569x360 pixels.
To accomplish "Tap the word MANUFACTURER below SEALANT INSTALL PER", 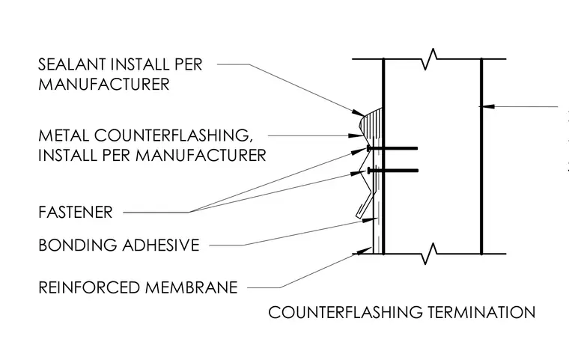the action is click(x=104, y=84).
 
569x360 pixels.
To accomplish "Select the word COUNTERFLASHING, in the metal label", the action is click(x=174, y=136).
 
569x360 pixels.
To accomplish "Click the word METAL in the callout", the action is click(x=63, y=135).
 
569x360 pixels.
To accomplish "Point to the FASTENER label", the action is click(x=76, y=213).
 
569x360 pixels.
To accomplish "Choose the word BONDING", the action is click(x=78, y=245).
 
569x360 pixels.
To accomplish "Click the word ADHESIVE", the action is click(x=161, y=245).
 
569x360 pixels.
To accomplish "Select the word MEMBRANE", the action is click(x=191, y=287).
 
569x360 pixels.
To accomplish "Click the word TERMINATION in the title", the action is click(x=481, y=312).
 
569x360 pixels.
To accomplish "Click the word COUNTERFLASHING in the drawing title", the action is click(x=345, y=312).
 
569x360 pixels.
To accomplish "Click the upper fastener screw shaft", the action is click(x=394, y=148).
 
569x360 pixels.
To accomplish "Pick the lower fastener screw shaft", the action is click(x=394, y=170).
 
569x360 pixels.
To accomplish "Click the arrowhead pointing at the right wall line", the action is click(x=486, y=106).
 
